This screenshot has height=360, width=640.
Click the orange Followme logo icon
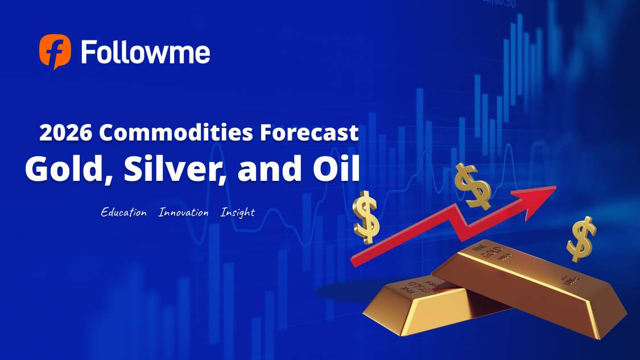[x=55, y=51]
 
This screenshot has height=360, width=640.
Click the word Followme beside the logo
[x=145, y=52]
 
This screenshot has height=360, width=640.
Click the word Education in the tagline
[x=123, y=213]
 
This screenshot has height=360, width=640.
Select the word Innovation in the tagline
[x=183, y=213]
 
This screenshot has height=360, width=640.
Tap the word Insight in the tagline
[x=237, y=213]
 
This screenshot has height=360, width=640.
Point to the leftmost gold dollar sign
[x=366, y=216]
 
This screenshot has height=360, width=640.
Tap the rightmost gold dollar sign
[x=581, y=239]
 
